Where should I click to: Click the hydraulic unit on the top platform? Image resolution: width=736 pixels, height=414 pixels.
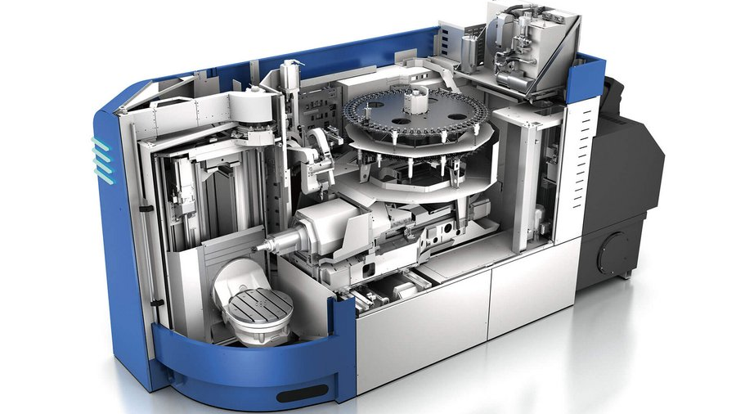point(523,45)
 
